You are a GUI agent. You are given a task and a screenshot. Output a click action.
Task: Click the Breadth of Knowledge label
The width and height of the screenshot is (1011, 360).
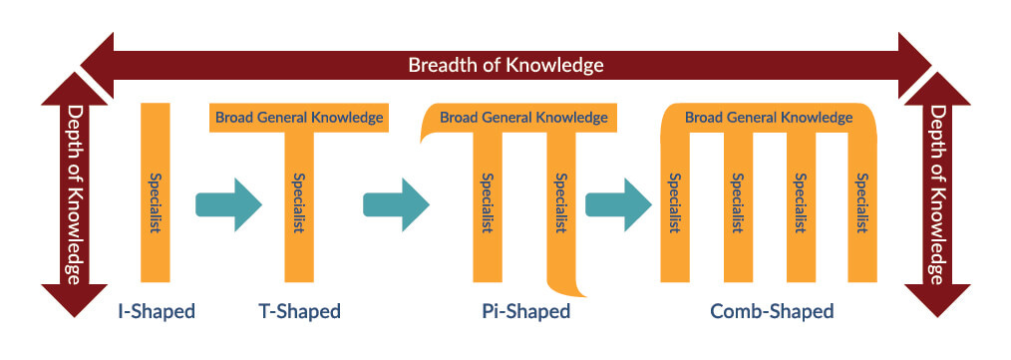pos(505,66)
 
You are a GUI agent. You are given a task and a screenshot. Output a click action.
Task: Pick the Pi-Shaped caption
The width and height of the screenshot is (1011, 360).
pos(519,311)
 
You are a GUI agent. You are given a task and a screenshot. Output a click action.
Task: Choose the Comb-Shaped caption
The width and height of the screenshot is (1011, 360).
pos(772,311)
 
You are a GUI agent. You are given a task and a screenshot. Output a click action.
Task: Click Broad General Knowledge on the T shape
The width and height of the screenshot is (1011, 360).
pos(298,118)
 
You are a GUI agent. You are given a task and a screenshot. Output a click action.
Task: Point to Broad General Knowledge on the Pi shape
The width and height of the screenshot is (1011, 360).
pos(523,118)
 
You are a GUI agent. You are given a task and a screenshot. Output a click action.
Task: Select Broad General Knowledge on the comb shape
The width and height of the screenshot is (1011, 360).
pos(769,118)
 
